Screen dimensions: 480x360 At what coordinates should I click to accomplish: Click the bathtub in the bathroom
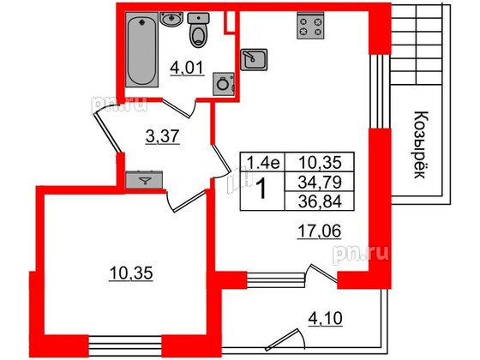pyautogui.click(x=141, y=50)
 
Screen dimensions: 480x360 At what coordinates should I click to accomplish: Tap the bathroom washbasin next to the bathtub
pyautogui.click(x=171, y=19)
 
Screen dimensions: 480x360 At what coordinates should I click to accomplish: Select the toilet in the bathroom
pyautogui.click(x=198, y=30)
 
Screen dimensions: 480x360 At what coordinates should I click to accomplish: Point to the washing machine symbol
pyautogui.click(x=224, y=84)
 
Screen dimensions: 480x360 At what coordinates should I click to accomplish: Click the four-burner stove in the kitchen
pyautogui.click(x=310, y=26)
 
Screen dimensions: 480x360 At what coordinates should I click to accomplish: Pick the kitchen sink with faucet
pyautogui.click(x=254, y=59)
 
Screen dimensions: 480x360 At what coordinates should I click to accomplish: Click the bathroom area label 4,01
pyautogui.click(x=187, y=69)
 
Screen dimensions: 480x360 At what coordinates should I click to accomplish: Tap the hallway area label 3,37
pyautogui.click(x=162, y=136)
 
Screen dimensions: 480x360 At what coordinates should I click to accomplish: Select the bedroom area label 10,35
pyautogui.click(x=130, y=273)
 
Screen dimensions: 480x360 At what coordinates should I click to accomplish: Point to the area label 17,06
pyautogui.click(x=319, y=231)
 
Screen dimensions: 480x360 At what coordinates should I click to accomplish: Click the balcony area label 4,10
pyautogui.click(x=325, y=319)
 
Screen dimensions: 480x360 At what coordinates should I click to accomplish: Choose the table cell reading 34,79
pyautogui.click(x=320, y=182)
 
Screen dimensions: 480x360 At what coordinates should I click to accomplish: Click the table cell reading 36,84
pyautogui.click(x=320, y=201)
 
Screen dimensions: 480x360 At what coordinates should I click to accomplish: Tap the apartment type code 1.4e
pyautogui.click(x=263, y=162)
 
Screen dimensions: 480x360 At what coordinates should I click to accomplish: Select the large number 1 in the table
pyautogui.click(x=262, y=189)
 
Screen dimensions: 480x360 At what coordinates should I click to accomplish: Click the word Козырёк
pyautogui.click(x=421, y=145)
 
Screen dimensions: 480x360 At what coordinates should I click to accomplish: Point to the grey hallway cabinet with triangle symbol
pyautogui.click(x=144, y=180)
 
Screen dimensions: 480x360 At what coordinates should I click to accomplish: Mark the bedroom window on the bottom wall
pyautogui.click(x=125, y=346)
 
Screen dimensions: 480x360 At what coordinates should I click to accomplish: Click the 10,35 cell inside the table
pyautogui.click(x=320, y=162)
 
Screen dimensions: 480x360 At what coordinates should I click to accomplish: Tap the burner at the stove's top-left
pyautogui.click(x=304, y=21)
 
